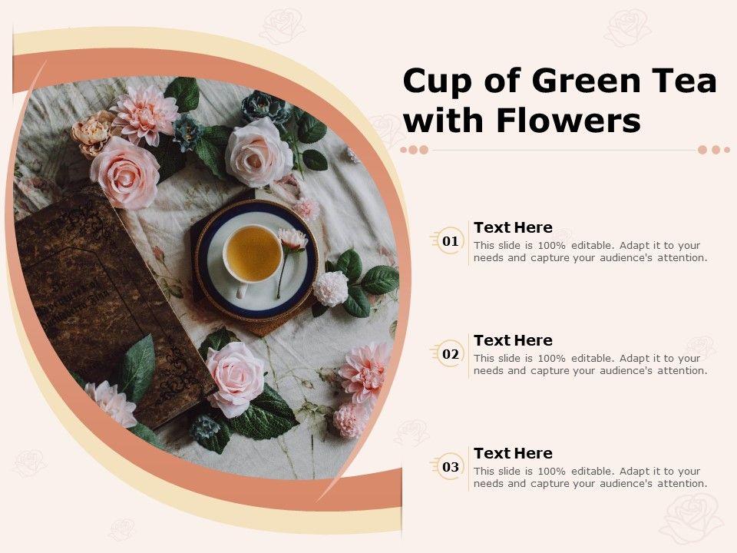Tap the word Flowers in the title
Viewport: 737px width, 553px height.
coord(568,121)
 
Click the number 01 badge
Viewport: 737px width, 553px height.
coord(451,240)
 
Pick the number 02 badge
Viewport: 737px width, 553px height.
coord(451,353)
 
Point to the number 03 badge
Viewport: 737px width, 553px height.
coord(451,466)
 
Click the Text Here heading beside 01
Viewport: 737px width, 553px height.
coord(514,227)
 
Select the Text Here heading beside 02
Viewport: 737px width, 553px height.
coord(514,340)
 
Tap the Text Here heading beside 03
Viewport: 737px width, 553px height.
coord(514,453)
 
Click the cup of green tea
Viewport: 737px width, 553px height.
coord(253,254)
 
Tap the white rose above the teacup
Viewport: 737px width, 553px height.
coord(258,152)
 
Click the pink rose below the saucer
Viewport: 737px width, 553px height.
coord(235,378)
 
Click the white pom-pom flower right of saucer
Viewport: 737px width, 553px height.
coord(331,288)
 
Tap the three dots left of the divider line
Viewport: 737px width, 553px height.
coord(415,150)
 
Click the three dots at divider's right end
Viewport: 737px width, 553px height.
coord(714,150)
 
